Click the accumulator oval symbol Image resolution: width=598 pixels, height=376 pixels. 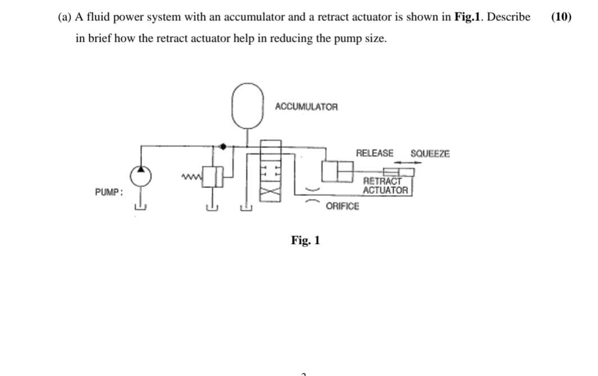248,105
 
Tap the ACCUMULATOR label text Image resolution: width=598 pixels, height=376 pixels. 307,106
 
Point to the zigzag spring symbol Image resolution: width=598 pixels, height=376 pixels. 191,178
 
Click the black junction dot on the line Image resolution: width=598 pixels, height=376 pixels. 223,146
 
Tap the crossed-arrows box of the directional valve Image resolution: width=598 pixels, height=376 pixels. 271,192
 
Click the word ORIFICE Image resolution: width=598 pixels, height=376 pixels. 342,206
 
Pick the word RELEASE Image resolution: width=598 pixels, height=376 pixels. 375,153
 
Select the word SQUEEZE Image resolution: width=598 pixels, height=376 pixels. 430,154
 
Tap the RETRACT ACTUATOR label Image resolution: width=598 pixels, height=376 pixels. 385,186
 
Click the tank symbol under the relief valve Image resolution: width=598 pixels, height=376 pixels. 212,208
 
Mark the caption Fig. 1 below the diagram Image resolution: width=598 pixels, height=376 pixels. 305,240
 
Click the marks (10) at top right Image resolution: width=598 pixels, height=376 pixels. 561,16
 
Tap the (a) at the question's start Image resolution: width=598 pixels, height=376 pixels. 65,17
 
